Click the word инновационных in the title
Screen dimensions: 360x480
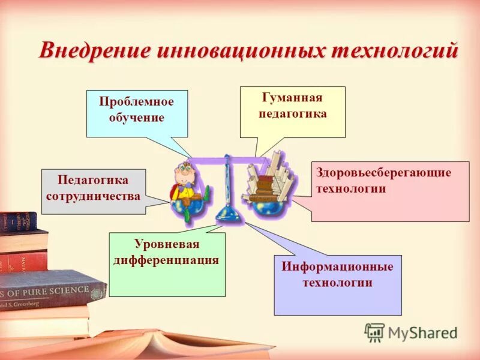coord(238,50)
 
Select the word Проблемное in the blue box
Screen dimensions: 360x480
coord(137,101)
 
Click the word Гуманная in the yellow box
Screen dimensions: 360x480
coord(292,98)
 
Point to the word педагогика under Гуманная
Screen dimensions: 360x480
coord(292,113)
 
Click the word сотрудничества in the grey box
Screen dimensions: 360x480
coord(94,196)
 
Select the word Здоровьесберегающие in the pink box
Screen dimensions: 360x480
coord(383,173)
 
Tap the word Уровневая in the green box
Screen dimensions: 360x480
coord(167,244)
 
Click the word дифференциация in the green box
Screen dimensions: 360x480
coord(167,260)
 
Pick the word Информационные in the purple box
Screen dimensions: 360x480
coord(338,266)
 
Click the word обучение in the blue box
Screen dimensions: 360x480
coord(137,117)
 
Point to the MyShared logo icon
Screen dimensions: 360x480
coord(374,332)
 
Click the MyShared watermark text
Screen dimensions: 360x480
coord(422,333)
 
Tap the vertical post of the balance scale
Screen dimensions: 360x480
coord(227,180)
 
